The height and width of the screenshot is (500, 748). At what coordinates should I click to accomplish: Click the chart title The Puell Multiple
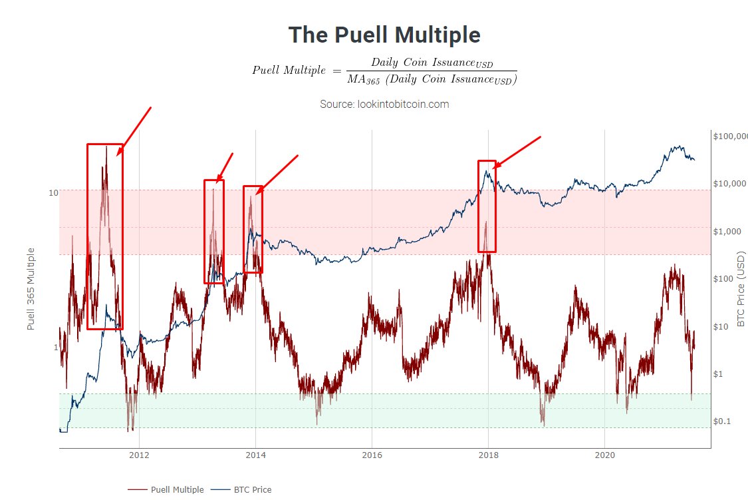pos(384,35)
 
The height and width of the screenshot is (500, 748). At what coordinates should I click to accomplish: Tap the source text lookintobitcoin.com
pos(384,105)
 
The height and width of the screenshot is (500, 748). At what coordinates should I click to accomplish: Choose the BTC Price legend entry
pos(252,489)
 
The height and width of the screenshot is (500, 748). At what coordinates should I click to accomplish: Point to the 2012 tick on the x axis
pos(139,456)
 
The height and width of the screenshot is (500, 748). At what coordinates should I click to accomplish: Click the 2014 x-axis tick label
pos(255,456)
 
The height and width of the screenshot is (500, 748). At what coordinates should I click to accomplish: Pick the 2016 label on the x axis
pos(372,456)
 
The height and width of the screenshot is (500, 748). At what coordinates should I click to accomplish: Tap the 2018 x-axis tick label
pos(488,456)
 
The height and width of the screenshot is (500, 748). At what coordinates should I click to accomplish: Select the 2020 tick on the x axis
pos(604,456)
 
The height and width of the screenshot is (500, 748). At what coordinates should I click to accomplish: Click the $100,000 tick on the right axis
pos(730,136)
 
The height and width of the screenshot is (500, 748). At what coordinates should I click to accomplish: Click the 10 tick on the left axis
pos(54,193)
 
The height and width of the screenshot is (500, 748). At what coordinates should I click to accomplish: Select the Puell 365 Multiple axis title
pos(31,288)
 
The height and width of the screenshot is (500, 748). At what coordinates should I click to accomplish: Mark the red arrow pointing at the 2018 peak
pos(517,152)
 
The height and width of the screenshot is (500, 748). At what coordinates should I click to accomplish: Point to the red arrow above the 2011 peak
pos(135,130)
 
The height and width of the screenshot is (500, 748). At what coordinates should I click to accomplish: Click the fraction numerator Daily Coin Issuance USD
pos(432,63)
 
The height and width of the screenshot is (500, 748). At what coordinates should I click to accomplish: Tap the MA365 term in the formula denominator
pos(363,80)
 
